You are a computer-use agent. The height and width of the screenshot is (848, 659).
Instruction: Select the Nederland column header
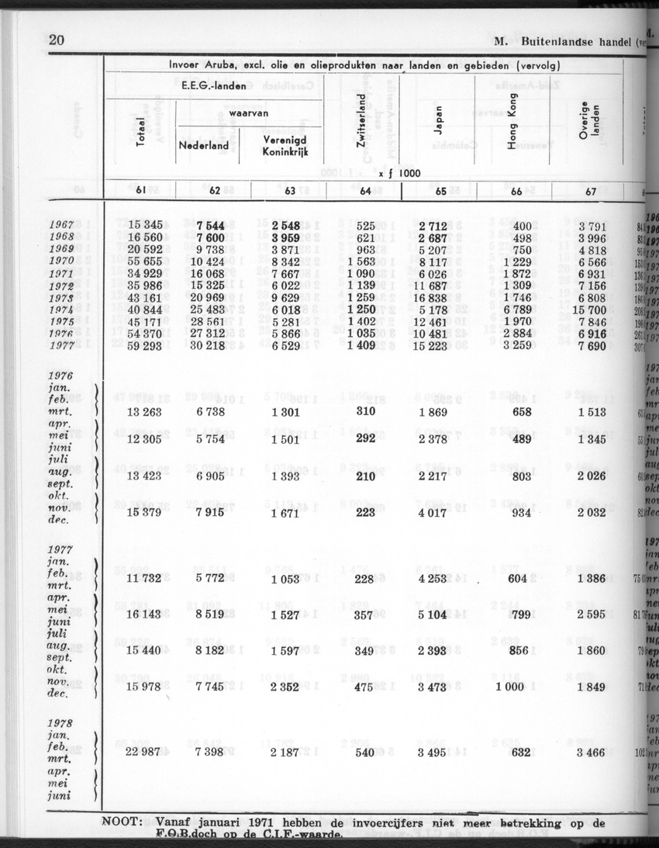[x=204, y=145]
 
